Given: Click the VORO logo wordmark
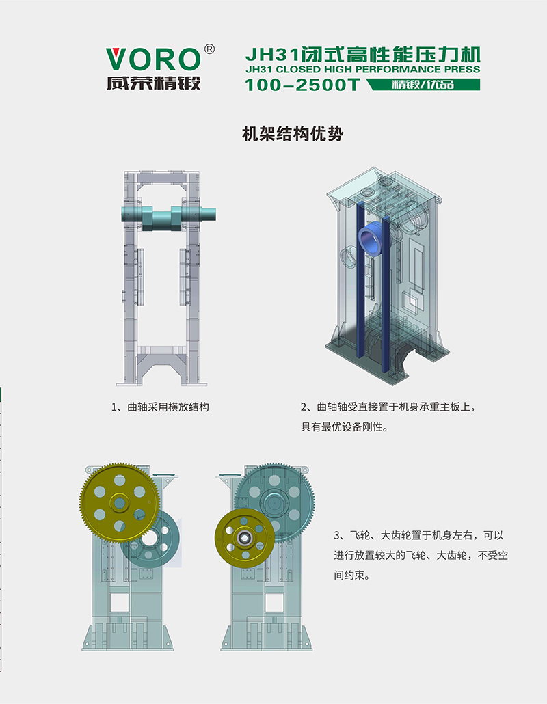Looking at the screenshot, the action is click(152, 59).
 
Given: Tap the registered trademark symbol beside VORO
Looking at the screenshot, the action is click(209, 49).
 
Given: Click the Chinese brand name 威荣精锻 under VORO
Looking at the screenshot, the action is click(153, 83).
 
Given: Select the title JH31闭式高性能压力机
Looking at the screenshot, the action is click(362, 55).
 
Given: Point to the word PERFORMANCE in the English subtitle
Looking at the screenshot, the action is click(398, 70).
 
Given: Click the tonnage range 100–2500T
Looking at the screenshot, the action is click(302, 85).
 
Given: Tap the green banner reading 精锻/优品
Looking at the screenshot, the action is click(423, 84).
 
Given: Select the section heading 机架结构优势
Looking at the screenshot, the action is click(293, 134).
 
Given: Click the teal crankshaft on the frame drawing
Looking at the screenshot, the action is click(168, 217).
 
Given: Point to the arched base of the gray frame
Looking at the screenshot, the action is click(161, 366).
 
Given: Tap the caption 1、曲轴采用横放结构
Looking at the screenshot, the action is click(160, 407).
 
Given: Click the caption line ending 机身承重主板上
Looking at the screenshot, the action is click(388, 407).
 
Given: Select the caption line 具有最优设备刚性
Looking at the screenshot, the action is click(344, 427).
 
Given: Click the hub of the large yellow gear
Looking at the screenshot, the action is click(120, 503).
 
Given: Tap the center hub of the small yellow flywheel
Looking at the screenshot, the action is click(245, 537).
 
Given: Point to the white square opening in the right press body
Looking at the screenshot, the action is click(274, 602).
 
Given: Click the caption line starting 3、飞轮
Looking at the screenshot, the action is click(419, 535).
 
